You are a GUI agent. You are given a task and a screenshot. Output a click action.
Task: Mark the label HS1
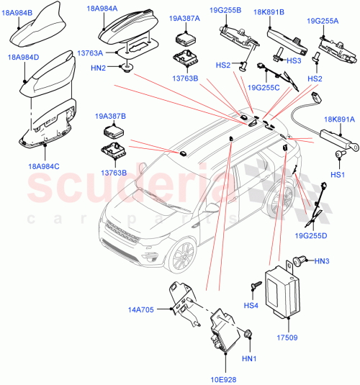pos(338,174)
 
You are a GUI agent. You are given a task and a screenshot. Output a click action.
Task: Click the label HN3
pos(323,261)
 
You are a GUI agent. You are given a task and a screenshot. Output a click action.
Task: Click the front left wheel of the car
pos(184,255)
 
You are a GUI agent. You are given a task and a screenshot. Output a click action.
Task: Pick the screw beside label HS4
pos(255,286)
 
